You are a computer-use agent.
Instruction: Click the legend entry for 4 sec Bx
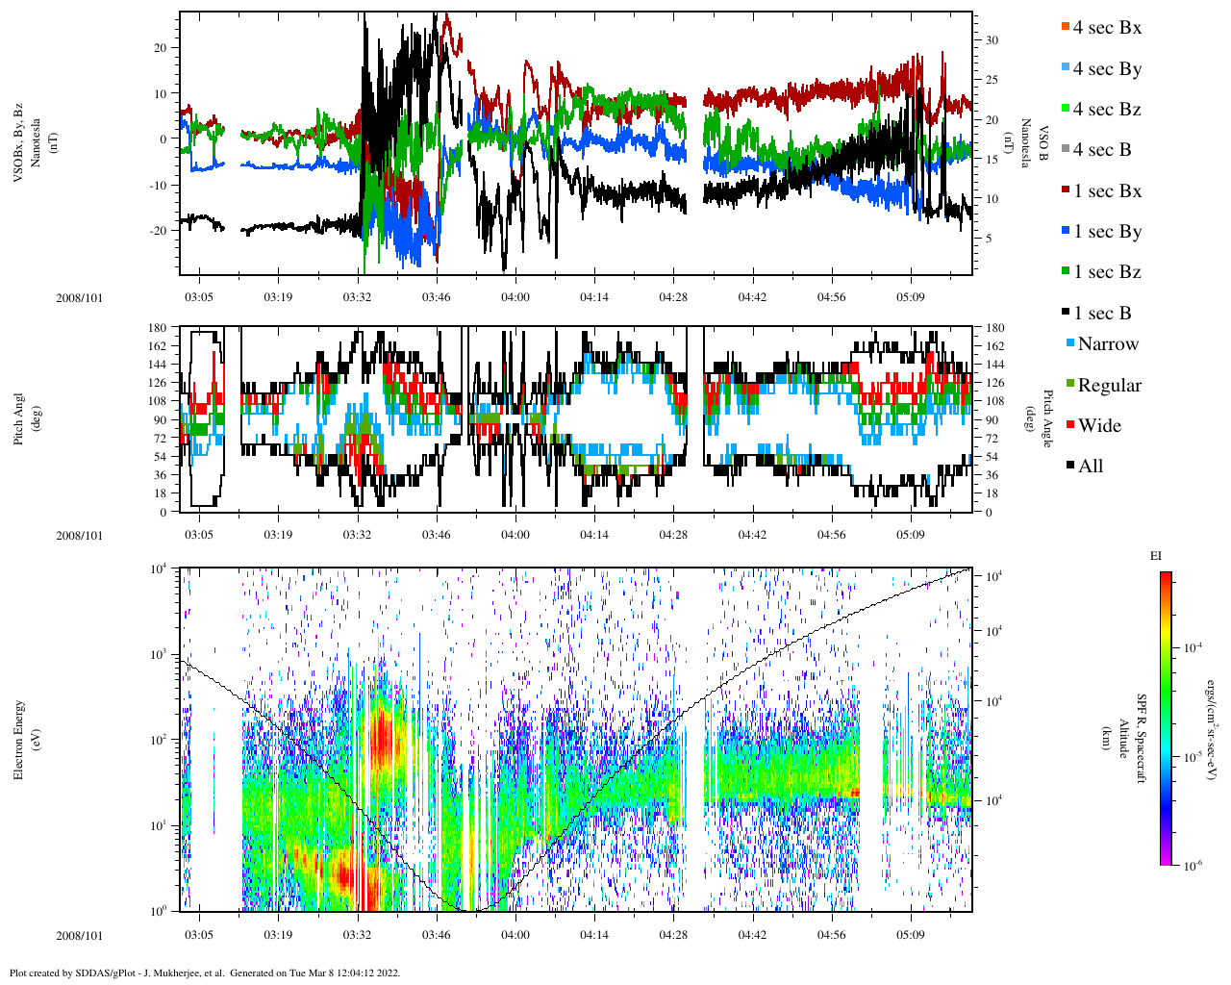coord(1106,28)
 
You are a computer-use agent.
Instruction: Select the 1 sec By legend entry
coord(1106,232)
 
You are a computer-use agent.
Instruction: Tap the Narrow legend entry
coord(1107,344)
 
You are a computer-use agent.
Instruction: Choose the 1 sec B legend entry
coord(1101,314)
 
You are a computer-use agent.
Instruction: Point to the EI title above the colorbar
coord(1156,556)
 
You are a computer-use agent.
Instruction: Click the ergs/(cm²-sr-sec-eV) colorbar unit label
coord(1213,717)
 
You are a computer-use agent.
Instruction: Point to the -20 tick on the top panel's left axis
coord(160,231)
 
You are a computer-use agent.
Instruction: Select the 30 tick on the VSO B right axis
coord(991,40)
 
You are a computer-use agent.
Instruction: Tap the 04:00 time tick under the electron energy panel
coord(515,935)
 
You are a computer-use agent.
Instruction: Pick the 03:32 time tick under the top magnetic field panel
coord(357,297)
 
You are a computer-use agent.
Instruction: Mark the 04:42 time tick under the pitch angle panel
coord(752,536)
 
